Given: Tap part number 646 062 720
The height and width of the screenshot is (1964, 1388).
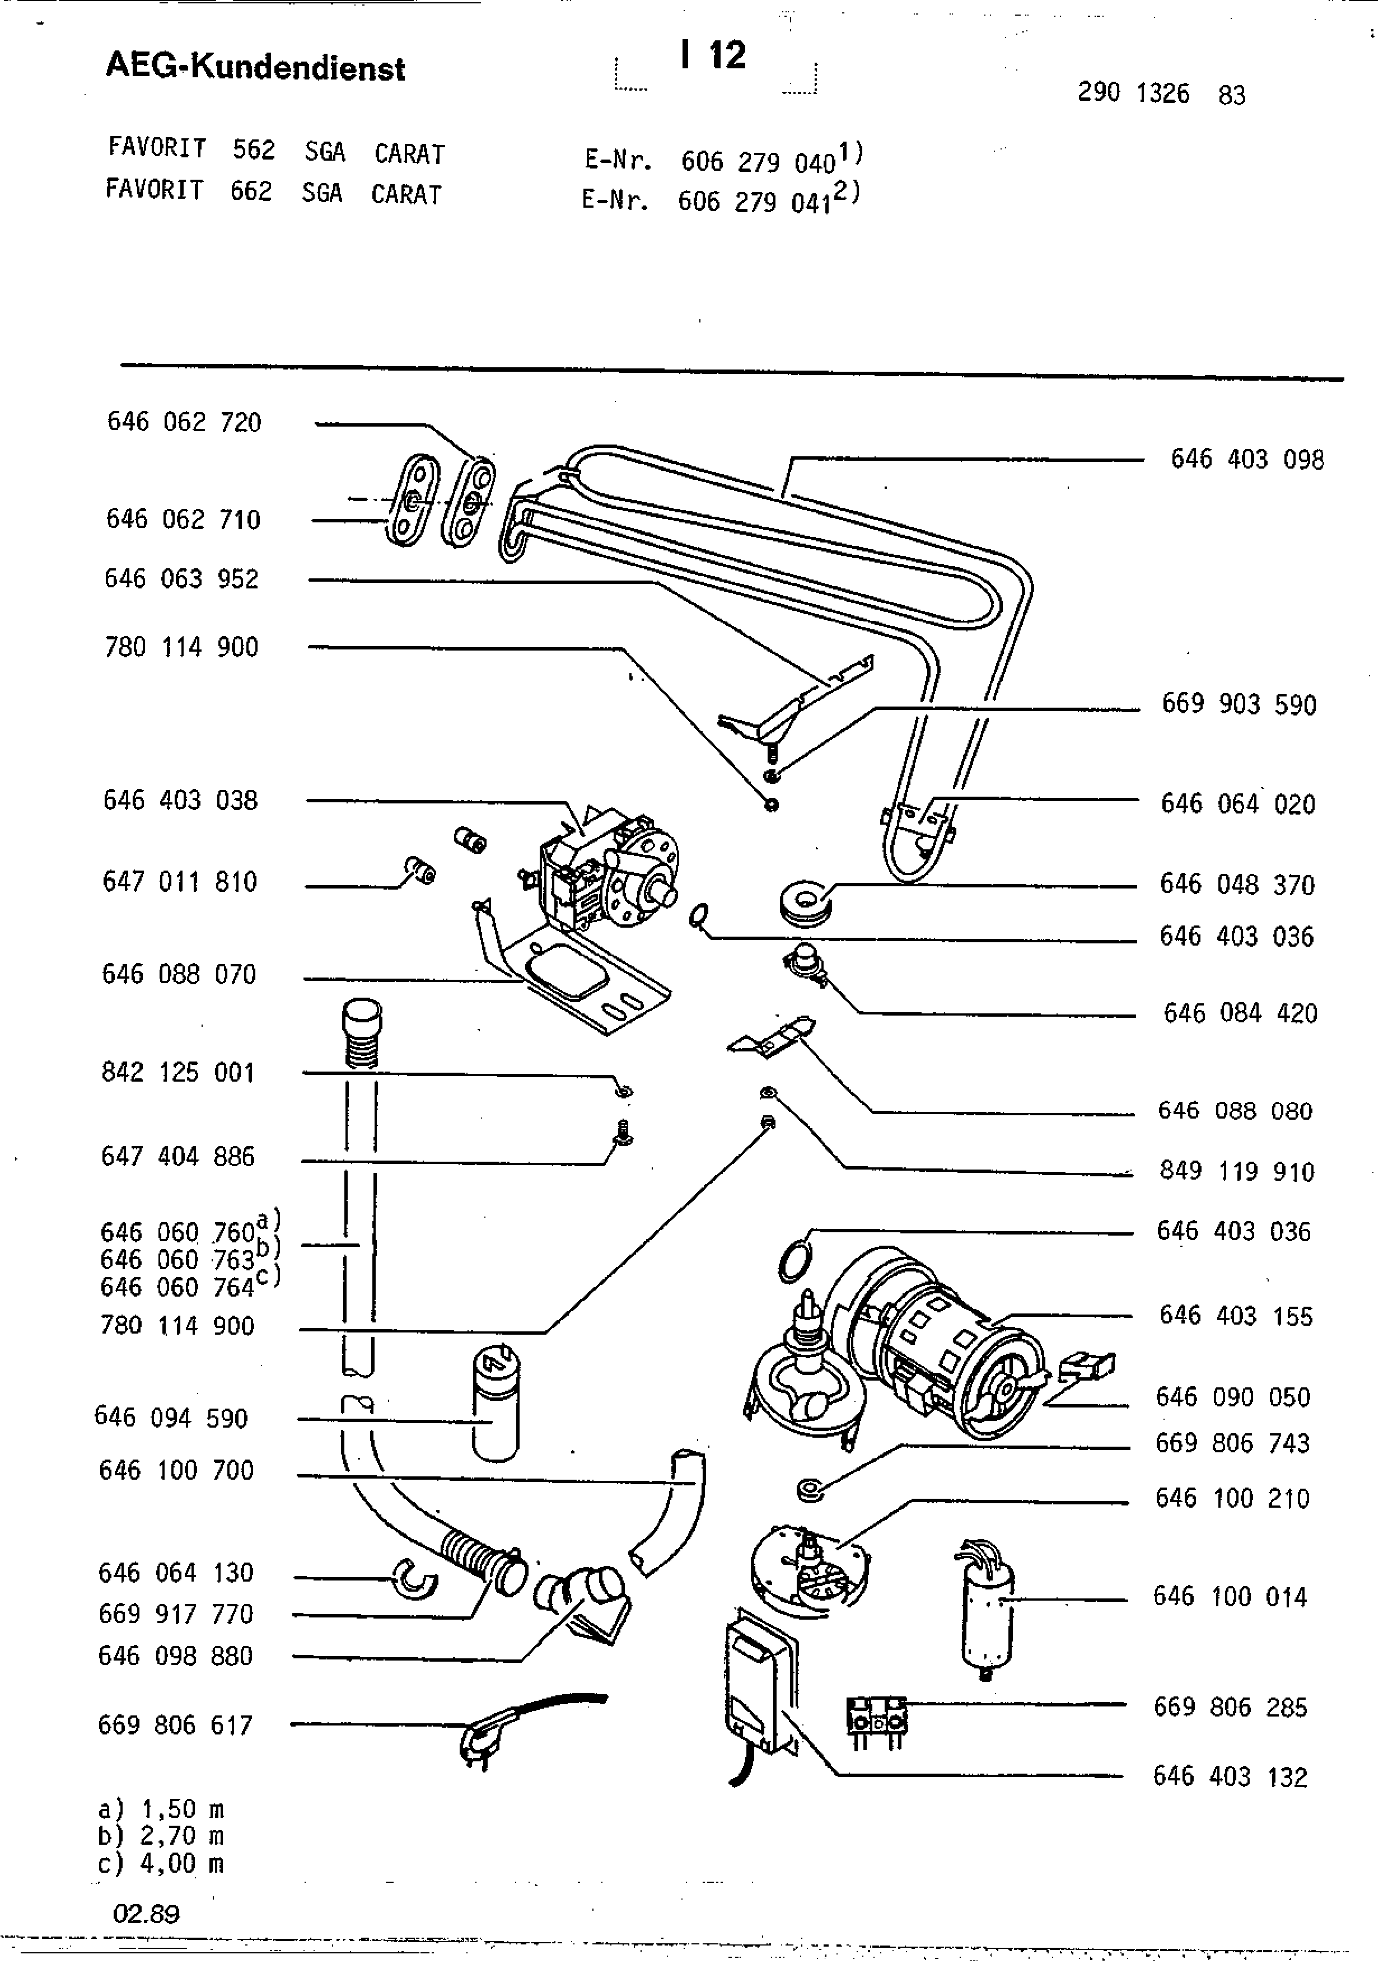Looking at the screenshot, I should point(184,422).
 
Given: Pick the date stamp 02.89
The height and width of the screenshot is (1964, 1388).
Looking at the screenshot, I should point(146,1914).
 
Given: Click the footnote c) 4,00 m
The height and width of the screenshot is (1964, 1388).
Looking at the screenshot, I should point(161,1863).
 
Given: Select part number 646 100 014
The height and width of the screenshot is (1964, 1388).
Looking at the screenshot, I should point(1229,1597).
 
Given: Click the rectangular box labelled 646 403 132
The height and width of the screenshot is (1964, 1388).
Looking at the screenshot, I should point(758,1685).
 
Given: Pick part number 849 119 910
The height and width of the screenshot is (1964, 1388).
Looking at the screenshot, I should point(1236,1171).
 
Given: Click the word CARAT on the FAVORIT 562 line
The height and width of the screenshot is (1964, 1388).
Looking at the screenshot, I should point(410,154).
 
